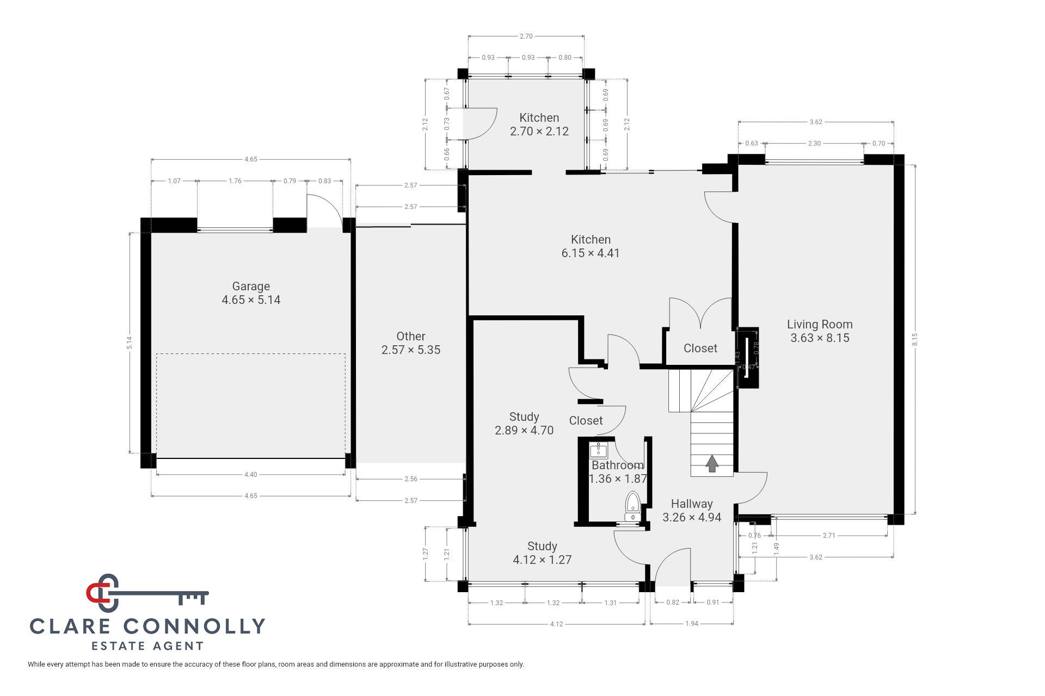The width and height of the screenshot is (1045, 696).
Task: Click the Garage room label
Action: tap(251, 293)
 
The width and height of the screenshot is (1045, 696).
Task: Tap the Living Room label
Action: tap(820, 331)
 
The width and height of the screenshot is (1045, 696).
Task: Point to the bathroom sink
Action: tap(598, 450)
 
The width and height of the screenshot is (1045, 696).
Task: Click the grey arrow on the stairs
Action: tap(712, 464)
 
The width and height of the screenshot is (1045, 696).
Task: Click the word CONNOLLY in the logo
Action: tap(194, 626)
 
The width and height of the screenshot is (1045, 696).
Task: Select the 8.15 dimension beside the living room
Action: tap(915, 339)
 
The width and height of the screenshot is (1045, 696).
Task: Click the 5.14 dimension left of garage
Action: tap(129, 343)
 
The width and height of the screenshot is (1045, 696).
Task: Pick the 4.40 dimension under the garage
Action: tap(250, 475)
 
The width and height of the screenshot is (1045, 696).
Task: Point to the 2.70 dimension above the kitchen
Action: tap(526, 36)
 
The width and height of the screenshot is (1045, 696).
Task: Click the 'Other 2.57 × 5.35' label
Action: tap(411, 343)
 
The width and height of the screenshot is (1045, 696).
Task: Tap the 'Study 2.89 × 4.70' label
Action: tap(524, 424)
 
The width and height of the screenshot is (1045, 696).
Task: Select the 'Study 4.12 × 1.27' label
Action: tap(542, 553)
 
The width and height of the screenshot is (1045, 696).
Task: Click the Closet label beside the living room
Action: tap(700, 348)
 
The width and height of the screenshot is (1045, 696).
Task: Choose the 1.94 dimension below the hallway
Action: tap(691, 624)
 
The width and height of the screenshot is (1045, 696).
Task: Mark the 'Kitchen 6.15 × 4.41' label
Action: tap(591, 246)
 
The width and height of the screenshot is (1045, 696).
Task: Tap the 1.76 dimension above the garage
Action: tap(235, 181)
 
